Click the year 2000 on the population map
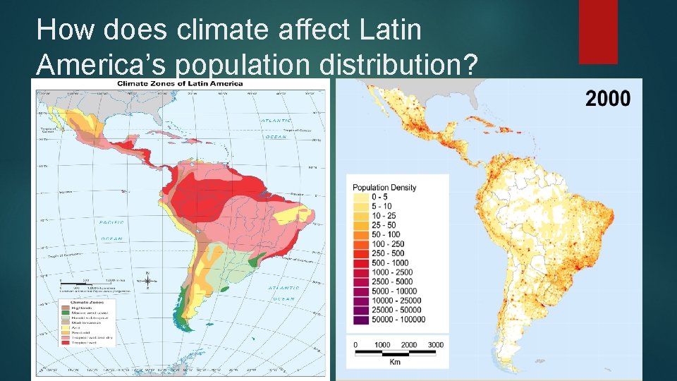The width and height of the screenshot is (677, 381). pyautogui.click(x=608, y=98)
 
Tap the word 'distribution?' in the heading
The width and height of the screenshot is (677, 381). pyautogui.click(x=398, y=65)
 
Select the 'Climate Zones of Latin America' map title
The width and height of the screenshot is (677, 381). pyautogui.click(x=180, y=83)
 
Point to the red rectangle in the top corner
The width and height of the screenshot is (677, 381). pyautogui.click(x=598, y=32)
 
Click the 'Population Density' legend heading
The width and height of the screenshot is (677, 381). pyautogui.click(x=384, y=188)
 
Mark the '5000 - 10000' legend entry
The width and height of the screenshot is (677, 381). pyautogui.click(x=385, y=291)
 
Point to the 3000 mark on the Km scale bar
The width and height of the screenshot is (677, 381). pyautogui.click(x=435, y=345)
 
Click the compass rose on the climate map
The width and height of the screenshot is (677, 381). pyautogui.click(x=147, y=280)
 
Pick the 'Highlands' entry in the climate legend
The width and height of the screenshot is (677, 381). pyautogui.click(x=78, y=308)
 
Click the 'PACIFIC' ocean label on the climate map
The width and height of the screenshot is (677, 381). pyautogui.click(x=111, y=222)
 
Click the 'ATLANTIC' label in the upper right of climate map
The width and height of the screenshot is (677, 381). pyautogui.click(x=276, y=121)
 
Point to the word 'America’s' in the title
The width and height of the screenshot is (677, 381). pyautogui.click(x=102, y=65)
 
